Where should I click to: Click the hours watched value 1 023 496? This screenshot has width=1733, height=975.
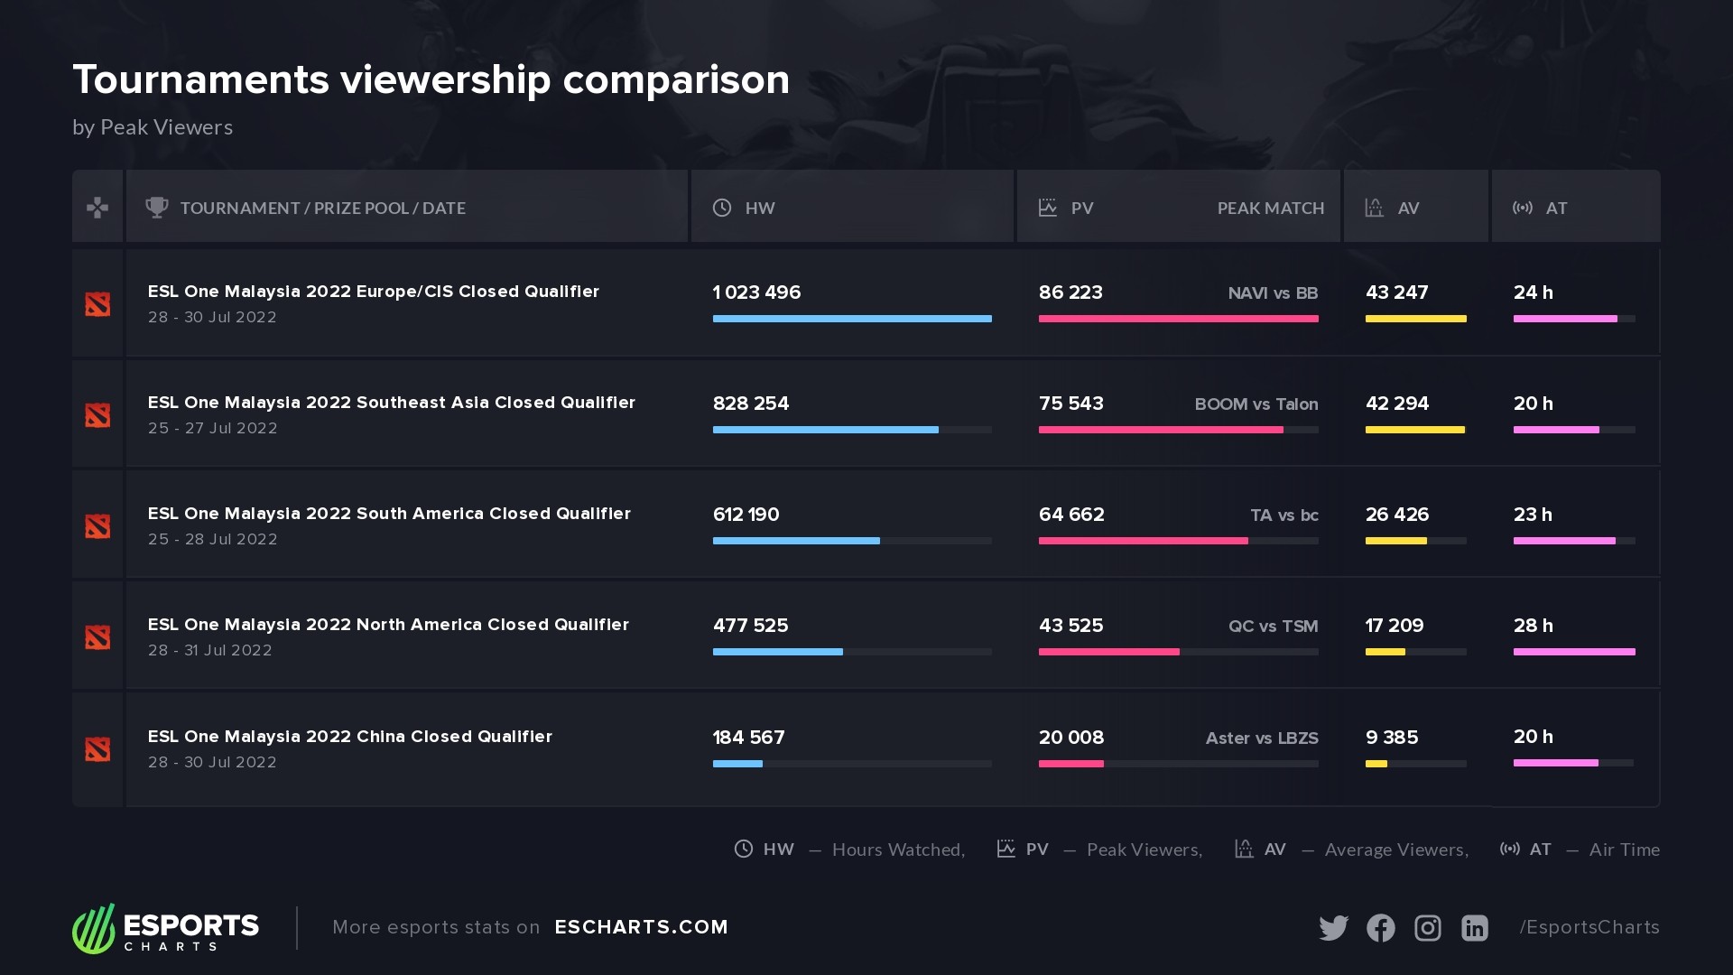point(756,292)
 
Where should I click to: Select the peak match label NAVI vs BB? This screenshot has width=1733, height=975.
point(1273,293)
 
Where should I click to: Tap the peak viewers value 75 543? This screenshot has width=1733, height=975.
point(1070,404)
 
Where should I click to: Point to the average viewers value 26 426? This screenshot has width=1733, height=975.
point(1396,515)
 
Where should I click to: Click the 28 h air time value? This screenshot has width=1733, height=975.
point(1533,626)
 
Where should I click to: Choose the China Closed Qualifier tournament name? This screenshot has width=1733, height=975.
point(349,737)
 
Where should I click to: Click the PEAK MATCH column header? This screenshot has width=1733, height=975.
point(1270,209)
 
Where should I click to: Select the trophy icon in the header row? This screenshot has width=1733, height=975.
point(157,208)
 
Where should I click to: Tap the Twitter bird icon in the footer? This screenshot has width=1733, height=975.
point(1333,928)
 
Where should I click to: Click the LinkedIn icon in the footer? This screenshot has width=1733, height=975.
point(1474,928)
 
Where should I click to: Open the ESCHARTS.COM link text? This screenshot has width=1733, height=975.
point(641,927)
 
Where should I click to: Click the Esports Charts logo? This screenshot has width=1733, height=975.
point(166,928)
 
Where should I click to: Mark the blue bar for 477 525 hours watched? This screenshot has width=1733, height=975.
point(777,652)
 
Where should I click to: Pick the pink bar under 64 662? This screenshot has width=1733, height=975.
point(1143,541)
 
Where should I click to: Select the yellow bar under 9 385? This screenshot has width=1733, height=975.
point(1376,764)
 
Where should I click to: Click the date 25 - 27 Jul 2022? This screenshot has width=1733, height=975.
point(212,428)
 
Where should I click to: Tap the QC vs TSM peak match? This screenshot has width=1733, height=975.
point(1273,627)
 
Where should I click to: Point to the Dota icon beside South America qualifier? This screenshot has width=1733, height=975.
point(97,526)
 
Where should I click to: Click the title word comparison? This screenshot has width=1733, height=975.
point(676,79)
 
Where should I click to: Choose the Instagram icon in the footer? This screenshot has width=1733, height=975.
point(1427,928)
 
